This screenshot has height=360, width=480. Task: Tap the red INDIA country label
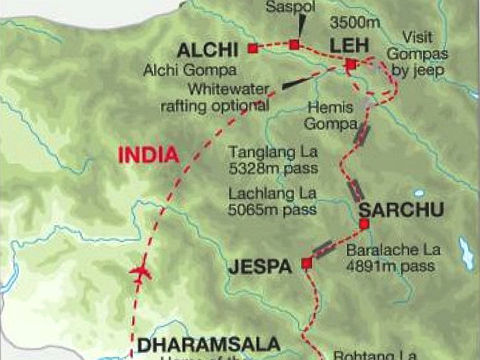tap(148, 154)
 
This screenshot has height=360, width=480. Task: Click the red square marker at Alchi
tap(252, 49)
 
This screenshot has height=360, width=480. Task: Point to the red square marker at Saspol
tap(294, 44)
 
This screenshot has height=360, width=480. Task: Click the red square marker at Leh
tap(351, 64)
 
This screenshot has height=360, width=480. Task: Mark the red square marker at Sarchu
tap(363, 225)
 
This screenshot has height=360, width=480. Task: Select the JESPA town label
tap(260, 267)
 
